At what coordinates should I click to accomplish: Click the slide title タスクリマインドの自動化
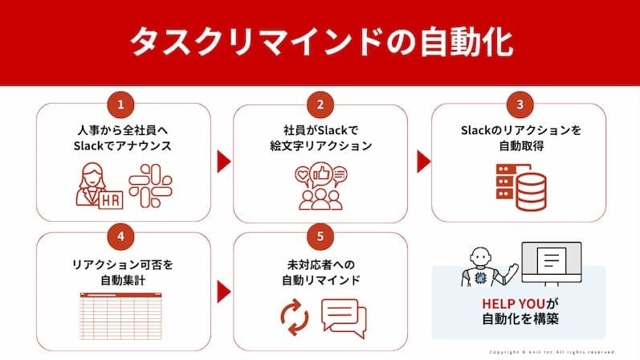pyautogui.click(x=320, y=40)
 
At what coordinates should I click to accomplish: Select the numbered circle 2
pyautogui.click(x=320, y=104)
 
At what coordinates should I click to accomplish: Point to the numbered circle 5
pyautogui.click(x=320, y=238)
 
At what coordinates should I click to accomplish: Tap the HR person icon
pyautogui.click(x=99, y=186)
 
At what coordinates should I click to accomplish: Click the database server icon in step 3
pyautogui.click(x=517, y=184)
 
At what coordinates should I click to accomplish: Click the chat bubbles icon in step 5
pyautogui.click(x=343, y=316)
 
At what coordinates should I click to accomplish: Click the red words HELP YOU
pyautogui.click(x=513, y=305)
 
